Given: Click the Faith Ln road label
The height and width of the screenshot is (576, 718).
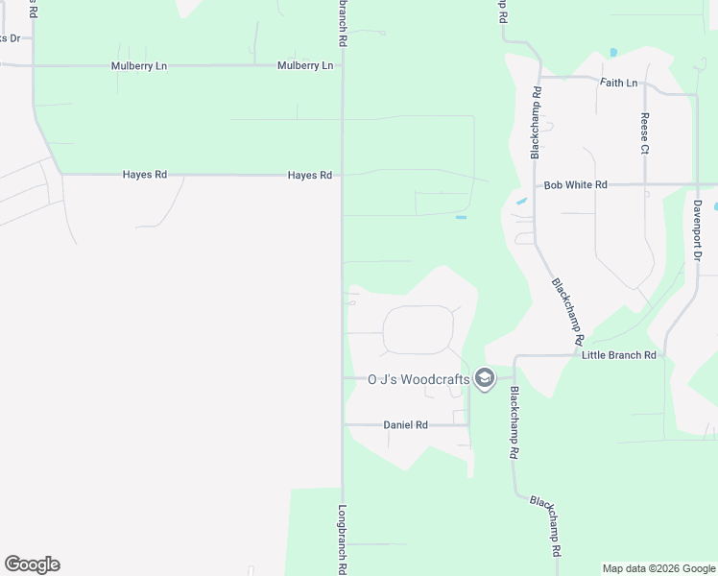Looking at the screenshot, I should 618,83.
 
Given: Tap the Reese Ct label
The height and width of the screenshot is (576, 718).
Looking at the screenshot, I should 645,133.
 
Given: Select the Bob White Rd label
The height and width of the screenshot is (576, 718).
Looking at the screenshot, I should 575,184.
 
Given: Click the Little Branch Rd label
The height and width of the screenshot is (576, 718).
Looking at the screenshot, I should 619,355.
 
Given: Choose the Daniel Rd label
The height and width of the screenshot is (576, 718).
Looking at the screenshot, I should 405,424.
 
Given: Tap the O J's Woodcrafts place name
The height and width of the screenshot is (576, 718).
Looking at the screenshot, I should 419,379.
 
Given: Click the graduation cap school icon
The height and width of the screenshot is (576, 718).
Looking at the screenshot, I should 485,379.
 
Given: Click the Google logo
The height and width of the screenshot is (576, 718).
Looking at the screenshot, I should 32,564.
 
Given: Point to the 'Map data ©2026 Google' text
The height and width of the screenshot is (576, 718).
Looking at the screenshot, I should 658,568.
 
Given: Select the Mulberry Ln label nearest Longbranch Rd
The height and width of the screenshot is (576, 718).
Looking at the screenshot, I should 305,65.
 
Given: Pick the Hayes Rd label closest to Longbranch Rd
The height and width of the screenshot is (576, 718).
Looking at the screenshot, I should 309,176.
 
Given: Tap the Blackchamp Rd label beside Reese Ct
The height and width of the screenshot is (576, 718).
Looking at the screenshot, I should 536,122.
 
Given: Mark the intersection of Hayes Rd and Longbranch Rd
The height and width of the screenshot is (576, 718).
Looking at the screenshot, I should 342,175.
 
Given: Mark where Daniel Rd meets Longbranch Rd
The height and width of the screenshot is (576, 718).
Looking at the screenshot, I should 343,424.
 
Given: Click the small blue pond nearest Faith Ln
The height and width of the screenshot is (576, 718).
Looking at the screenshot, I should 612,52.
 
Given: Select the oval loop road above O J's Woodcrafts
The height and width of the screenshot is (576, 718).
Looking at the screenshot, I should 419,330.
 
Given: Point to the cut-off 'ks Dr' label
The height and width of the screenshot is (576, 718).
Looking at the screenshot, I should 10,37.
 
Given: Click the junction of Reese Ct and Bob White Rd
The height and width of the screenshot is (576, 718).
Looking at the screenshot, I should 645,184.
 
